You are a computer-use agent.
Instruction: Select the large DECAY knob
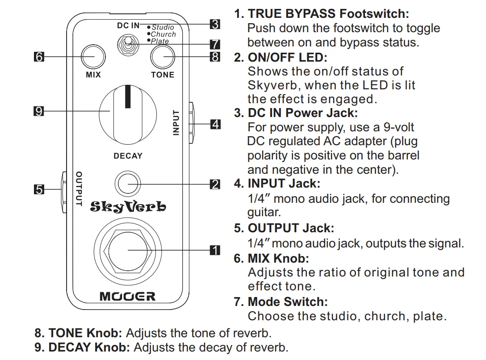pos(128,115)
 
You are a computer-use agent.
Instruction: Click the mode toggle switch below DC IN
pos(128,45)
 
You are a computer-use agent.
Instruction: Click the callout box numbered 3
pos(215,24)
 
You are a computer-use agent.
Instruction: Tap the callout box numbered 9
pos(39,111)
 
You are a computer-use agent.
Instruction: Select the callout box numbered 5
pos(39,189)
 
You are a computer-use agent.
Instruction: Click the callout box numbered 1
pos(215,250)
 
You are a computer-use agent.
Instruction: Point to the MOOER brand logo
pos(127,297)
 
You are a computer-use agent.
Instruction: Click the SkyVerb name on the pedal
pos(128,206)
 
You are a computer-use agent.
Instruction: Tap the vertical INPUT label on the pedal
pos(176,123)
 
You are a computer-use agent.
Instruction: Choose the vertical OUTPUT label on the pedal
pos(79,188)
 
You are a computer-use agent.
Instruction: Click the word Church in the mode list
pos(163,34)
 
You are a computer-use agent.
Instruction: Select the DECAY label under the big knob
pos(128,155)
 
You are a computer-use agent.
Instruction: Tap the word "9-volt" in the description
pos(398,127)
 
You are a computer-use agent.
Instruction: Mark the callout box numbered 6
pos(39,57)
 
